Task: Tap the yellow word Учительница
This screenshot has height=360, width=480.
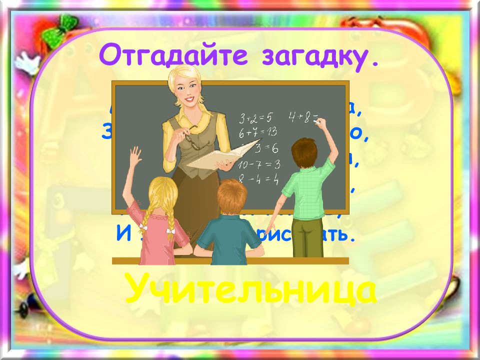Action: point(249,290)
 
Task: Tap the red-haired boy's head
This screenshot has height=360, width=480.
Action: point(233,195)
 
